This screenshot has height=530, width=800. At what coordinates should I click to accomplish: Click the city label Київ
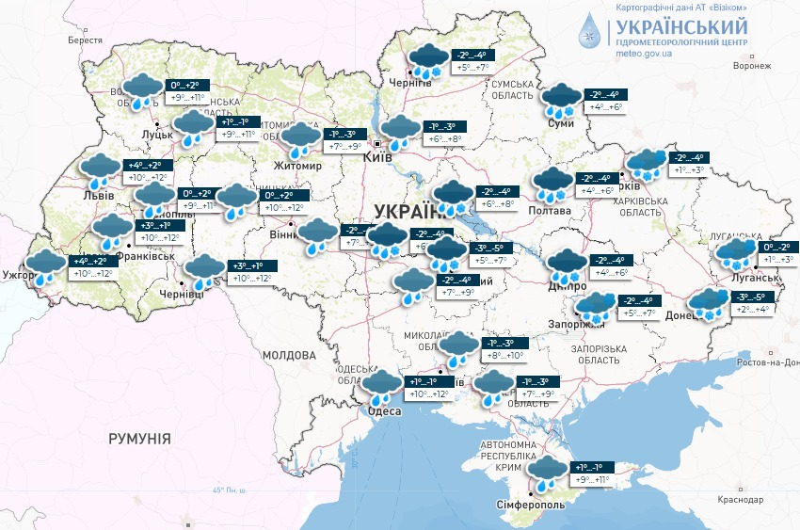click(x=376, y=158)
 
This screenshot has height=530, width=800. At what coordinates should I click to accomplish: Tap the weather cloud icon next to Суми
click(x=563, y=99)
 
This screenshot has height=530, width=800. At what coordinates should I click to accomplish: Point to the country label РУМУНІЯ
click(x=139, y=439)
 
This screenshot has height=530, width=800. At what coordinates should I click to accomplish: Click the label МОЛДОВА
click(x=289, y=356)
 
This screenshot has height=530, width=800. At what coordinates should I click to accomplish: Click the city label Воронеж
click(x=751, y=67)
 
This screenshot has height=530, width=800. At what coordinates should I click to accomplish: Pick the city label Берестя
click(x=85, y=40)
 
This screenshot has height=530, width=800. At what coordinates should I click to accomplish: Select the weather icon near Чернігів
click(x=428, y=59)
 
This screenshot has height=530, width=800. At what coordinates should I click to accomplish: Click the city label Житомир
click(x=296, y=167)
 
